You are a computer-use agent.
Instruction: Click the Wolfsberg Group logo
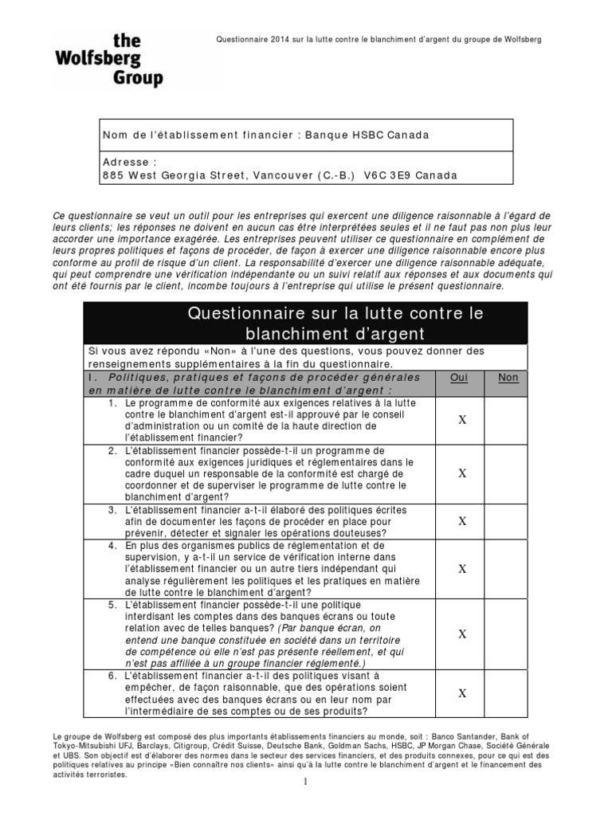coord(108,60)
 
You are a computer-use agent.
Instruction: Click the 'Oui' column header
coord(458,378)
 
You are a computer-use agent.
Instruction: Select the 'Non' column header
coord(508,378)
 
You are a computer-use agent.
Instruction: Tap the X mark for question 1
coord(462,420)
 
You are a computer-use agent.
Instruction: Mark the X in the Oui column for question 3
coord(462,521)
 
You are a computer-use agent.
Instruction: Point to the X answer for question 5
coord(462,634)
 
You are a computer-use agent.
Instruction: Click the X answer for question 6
coord(462,693)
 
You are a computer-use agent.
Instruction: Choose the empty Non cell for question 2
coord(508,473)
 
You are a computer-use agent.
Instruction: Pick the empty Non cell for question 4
coord(508,569)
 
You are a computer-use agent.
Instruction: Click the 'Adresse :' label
coord(126,161)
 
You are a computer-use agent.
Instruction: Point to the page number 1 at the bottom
coord(305,804)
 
